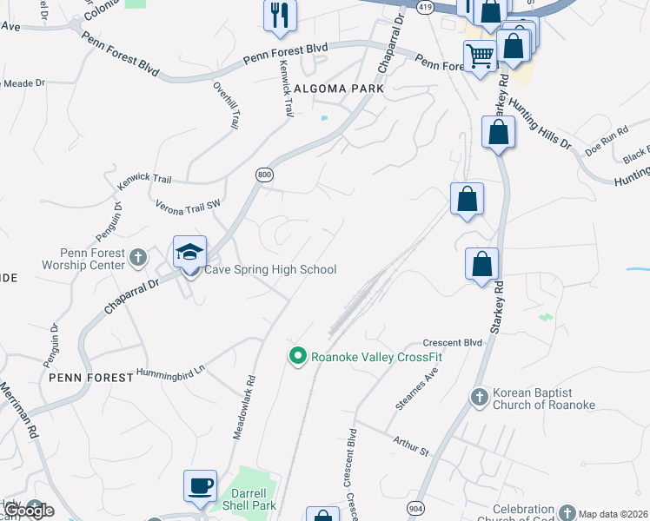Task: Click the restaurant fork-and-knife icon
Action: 280,15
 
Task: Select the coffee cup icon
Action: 200,485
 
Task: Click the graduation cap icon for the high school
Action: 189,253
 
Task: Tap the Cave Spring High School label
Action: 269,270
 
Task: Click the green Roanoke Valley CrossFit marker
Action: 297,356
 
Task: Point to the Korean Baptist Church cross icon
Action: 479,398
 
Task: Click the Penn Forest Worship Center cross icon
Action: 137,257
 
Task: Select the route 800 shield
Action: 264,175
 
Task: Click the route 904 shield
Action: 416,505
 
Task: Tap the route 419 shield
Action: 425,6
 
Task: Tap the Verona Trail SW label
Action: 189,207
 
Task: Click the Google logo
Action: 28,510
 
